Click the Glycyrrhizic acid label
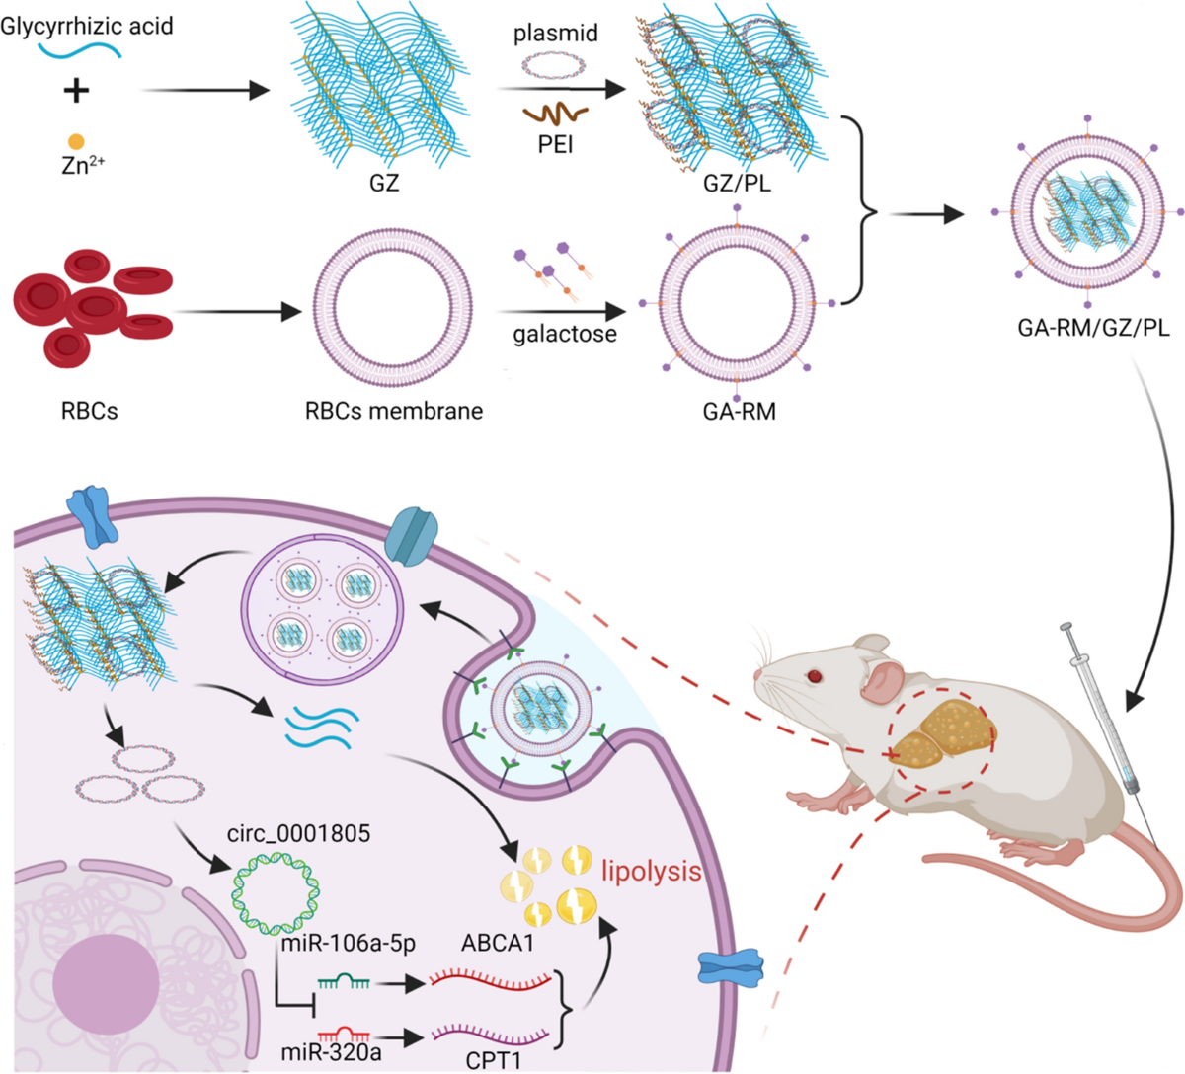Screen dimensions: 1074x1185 click(87, 25)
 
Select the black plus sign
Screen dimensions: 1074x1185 click(76, 91)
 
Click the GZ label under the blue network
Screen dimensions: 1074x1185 click(383, 183)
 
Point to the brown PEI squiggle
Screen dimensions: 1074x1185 click(556, 115)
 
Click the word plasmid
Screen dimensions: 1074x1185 click(555, 34)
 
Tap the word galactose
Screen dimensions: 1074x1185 click(564, 334)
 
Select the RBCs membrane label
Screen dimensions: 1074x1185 click(393, 410)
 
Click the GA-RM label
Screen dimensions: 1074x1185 click(739, 411)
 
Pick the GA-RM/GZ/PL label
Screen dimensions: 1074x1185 click(1093, 327)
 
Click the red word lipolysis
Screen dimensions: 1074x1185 click(652, 871)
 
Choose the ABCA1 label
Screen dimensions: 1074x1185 click(498, 944)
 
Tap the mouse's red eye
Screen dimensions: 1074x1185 click(814, 676)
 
